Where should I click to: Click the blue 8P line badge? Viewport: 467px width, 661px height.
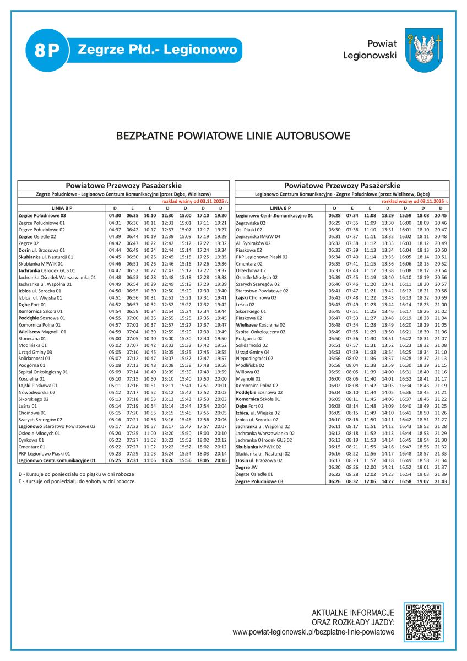coord(46,51)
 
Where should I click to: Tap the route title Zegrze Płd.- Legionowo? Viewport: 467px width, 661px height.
coord(158,50)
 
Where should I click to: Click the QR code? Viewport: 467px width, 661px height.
coord(423,622)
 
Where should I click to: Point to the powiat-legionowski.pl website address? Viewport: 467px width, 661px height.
coord(313,632)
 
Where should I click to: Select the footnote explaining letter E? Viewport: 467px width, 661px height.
coord(77,481)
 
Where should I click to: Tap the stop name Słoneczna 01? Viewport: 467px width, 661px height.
coord(32,338)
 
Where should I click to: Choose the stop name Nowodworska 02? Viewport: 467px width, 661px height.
coord(37,392)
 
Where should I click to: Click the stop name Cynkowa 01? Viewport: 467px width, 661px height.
coord(32,440)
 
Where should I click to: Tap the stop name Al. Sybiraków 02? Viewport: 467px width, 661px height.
coord(253,243)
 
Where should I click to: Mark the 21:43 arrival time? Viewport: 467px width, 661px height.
coord(441,481)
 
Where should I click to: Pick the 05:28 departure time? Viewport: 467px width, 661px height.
coord(334,216)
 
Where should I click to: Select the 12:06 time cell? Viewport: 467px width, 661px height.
coord(370,481)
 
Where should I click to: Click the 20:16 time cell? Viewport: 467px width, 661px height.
coord(221,460)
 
